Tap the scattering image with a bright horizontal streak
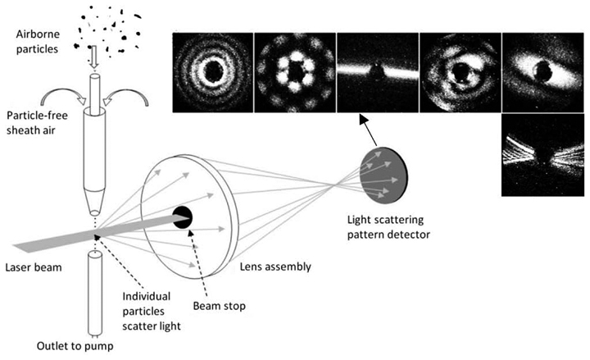[x=377, y=71]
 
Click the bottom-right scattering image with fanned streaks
[x=542, y=154]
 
